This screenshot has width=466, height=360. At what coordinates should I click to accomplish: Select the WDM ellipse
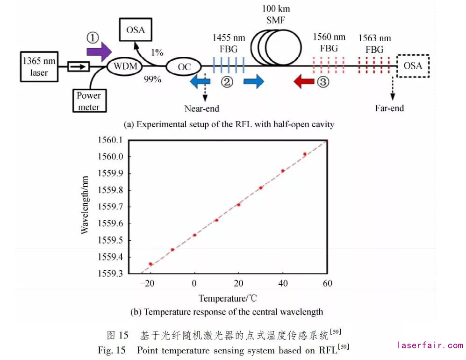[126, 66]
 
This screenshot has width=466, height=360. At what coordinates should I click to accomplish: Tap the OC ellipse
[184, 66]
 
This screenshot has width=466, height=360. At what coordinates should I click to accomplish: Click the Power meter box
[89, 100]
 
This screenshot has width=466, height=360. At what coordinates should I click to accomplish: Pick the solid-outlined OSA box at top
[136, 29]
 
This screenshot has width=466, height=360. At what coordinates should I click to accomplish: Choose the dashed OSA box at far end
[413, 65]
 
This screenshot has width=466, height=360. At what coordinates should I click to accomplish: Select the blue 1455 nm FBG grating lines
[229, 65]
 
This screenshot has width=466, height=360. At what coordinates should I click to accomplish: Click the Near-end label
[201, 108]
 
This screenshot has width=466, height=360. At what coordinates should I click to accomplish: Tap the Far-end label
[389, 108]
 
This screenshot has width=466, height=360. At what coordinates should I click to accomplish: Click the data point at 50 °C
[305, 154]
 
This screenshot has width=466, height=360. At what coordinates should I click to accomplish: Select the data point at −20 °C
[151, 264]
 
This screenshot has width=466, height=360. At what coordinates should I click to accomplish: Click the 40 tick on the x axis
[283, 283]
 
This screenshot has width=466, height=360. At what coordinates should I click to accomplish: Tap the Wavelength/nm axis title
[85, 206]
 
